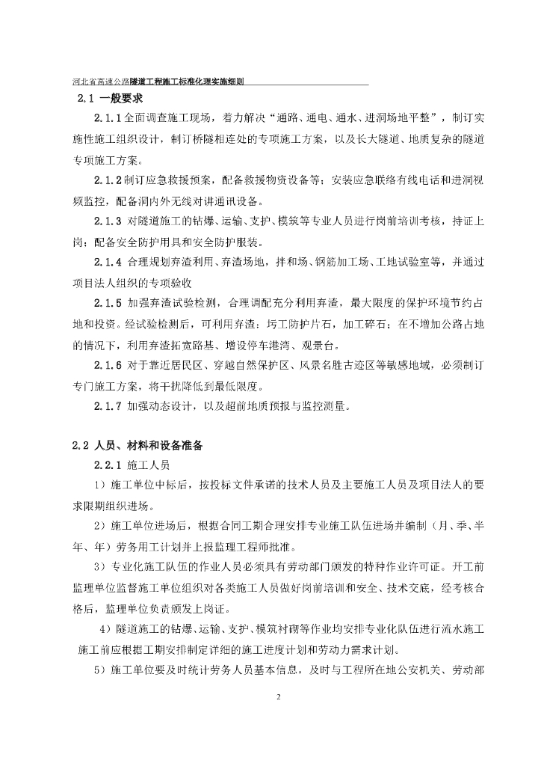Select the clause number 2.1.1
(108, 120)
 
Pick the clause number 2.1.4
(108, 262)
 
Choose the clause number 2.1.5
(108, 303)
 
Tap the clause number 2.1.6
(108, 365)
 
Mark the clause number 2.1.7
(108, 406)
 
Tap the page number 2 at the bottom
(277, 698)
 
